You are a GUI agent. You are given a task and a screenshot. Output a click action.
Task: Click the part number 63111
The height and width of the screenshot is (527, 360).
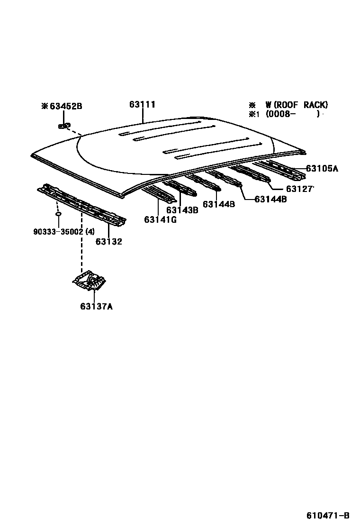(143, 105)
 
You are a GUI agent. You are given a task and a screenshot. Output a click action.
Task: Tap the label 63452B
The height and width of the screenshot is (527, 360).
(66, 106)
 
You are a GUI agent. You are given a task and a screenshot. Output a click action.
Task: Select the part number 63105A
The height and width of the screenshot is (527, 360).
(322, 168)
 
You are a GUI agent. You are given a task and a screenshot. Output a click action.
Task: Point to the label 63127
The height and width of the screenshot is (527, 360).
(299, 189)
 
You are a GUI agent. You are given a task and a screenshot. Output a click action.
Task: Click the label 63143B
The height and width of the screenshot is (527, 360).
(182, 210)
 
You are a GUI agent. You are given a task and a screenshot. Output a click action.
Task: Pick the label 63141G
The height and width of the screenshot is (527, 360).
(161, 219)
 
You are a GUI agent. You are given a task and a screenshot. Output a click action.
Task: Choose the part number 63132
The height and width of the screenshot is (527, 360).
(109, 242)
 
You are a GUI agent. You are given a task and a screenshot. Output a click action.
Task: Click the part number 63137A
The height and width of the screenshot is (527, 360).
(96, 306)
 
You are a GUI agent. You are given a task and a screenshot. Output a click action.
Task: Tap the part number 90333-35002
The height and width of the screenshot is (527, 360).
(58, 232)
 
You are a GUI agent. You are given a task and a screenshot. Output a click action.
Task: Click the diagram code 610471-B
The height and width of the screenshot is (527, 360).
(328, 516)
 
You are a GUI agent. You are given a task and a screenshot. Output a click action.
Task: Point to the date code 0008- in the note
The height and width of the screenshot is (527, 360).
(280, 114)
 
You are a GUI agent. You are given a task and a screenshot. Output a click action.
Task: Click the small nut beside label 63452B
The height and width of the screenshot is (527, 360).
(63, 126)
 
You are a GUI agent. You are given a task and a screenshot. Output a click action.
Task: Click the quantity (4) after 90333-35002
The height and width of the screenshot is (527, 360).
(90, 232)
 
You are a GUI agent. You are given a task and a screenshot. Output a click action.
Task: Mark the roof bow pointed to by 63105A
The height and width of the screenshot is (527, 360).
(284, 171)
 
